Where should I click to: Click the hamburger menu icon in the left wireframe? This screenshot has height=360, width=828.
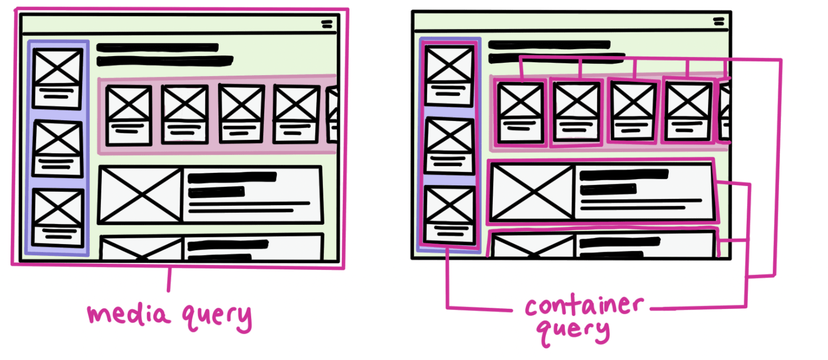tap(327, 24)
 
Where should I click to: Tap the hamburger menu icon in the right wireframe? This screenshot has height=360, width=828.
tap(719, 22)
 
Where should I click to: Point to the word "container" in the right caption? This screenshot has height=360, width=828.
tap(584, 305)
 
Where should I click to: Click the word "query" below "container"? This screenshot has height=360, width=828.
tap(573, 331)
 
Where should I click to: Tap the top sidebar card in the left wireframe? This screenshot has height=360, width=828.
tap(57, 78)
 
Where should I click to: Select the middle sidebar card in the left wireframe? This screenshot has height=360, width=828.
tap(57, 148)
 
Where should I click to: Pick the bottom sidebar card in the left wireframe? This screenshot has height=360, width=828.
tap(58, 218)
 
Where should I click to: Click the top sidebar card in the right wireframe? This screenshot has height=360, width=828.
tap(449, 76)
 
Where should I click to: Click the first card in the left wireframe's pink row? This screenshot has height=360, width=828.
tap(129, 115)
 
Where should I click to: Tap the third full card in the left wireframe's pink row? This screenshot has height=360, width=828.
tap(242, 114)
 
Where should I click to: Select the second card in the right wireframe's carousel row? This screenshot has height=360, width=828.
tap(576, 112)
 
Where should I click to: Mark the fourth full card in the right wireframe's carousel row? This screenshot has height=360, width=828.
tap(688, 112)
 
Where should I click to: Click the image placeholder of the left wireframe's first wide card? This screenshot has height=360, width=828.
tap(140, 195)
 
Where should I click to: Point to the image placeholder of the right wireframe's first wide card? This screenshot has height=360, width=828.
tap(532, 192)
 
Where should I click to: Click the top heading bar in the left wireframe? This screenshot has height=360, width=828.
tap(157, 48)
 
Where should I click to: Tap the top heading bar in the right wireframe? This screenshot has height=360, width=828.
tap(549, 45)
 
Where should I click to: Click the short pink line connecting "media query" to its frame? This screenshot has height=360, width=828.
tap(169, 280)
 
